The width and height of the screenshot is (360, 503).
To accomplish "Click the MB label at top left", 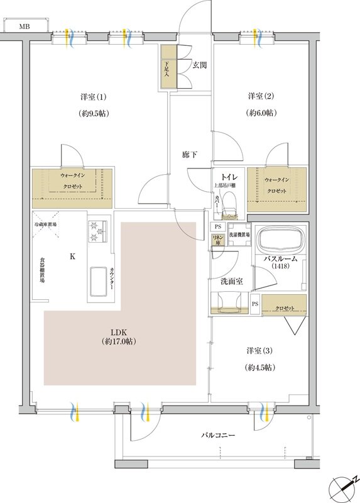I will (x=24, y=26).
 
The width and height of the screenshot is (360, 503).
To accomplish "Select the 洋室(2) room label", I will (x=260, y=96).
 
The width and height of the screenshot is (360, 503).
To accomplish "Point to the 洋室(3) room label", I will (x=260, y=350).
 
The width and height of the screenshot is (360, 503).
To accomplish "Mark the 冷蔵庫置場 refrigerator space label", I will (x=45, y=224).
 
